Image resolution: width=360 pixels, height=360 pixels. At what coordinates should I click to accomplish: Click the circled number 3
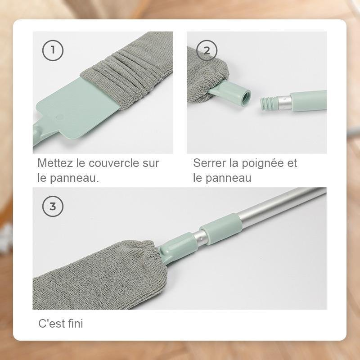53,207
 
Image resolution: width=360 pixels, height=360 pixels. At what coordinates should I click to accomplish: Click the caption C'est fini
60,323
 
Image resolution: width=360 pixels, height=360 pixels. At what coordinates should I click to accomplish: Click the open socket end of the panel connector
245,95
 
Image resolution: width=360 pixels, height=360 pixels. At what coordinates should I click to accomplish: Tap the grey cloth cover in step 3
99,274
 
